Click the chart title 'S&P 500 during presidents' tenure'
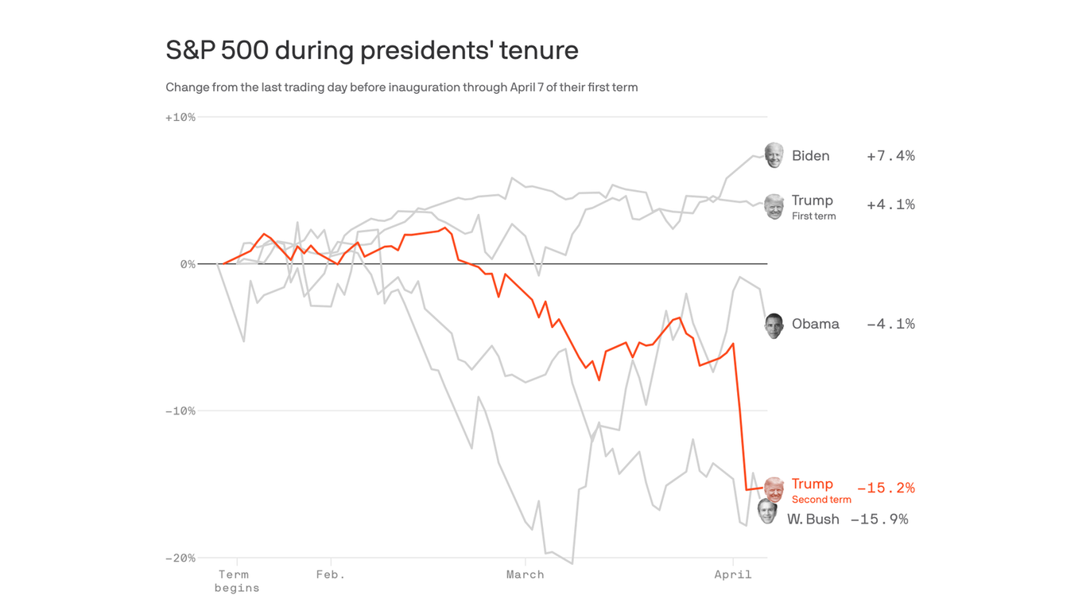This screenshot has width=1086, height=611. point(371,50)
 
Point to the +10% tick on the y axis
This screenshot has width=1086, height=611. point(180,118)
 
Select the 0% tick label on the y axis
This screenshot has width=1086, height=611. point(188,264)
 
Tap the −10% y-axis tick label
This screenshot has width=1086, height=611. point(180,411)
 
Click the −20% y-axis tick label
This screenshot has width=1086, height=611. point(180,558)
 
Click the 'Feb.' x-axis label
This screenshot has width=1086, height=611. point(331,574)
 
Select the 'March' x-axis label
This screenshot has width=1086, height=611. point(525,574)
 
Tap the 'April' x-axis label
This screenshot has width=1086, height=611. point(732,574)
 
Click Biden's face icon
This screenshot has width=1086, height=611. point(774,155)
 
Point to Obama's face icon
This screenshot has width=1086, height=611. point(774,325)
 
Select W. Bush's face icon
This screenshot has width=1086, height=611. point(767,512)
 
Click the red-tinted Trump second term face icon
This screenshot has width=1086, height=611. point(774,489)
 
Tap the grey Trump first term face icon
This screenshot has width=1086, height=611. point(774,206)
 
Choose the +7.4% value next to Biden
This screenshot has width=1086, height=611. point(890,156)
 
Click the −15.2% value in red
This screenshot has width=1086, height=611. point(886,488)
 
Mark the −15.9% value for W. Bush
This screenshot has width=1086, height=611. point(879,520)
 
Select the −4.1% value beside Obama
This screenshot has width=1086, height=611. point(890,325)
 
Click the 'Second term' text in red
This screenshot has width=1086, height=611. point(821,500)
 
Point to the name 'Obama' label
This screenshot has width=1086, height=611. point(815,325)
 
